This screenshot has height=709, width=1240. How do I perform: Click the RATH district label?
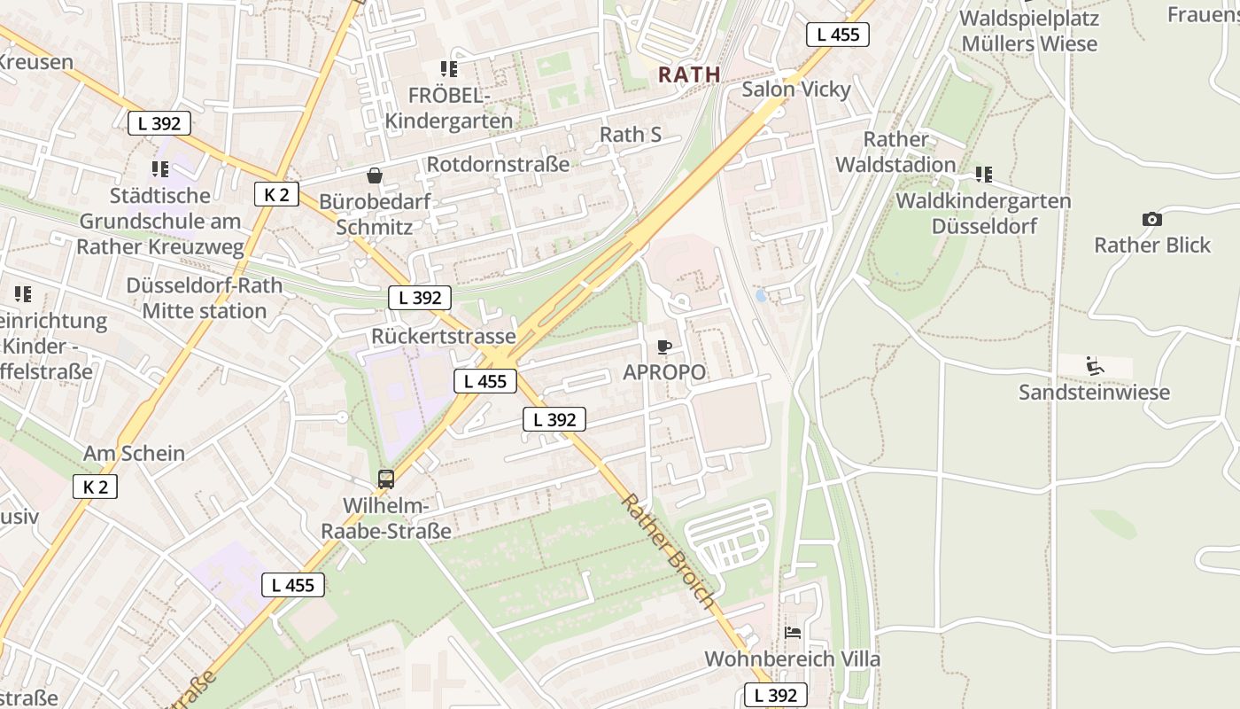click(689, 74)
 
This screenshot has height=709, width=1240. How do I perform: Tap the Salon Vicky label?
click(795, 90)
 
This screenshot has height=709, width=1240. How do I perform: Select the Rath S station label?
click(631, 135)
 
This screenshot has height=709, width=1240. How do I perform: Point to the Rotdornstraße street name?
click(498, 164)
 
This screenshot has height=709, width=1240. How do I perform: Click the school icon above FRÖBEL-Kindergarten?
click(449, 68)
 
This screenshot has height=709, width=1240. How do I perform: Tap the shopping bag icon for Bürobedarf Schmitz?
click(375, 175)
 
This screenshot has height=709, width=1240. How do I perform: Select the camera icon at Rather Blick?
click(1151, 219)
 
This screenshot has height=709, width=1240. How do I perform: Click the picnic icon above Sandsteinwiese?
click(1095, 365)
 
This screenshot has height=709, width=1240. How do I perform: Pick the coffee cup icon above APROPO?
click(664, 347)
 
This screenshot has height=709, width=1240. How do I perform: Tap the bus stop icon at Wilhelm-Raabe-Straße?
click(386, 479)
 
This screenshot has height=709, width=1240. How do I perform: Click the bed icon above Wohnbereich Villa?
click(793, 633)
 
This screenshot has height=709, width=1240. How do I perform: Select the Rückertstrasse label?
click(443, 337)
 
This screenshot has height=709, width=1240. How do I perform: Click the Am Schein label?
click(134, 454)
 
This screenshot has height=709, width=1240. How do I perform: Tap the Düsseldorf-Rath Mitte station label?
click(205, 299)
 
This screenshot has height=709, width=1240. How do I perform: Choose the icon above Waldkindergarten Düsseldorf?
click(983, 175)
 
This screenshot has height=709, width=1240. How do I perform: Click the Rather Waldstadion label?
click(895, 152)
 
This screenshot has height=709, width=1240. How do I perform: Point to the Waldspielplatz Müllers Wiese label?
click(1029, 31)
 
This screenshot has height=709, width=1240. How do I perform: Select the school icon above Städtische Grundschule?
click(159, 168)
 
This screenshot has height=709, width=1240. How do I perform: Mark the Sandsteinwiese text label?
click(1094, 392)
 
